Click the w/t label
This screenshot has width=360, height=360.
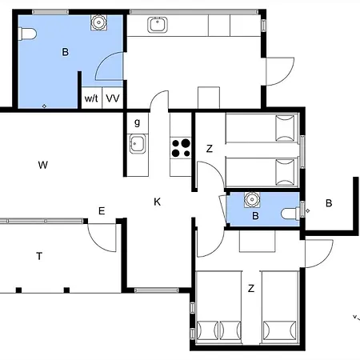91,98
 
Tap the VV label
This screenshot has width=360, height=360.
113,98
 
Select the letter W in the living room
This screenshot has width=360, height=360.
43,165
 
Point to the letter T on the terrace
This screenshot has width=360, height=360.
39,256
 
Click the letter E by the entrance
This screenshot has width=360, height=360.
102,211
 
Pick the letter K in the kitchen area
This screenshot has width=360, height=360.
158,202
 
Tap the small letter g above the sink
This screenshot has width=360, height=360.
137,122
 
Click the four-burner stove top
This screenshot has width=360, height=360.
181,148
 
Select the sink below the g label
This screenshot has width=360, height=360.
138,144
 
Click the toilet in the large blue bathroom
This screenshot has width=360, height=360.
27,34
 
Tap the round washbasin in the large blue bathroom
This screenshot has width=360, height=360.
98,22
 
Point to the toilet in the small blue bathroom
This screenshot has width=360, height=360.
291,214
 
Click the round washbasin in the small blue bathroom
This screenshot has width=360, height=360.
251,199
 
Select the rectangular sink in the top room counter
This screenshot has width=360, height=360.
158,25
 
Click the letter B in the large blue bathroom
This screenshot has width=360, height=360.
65,52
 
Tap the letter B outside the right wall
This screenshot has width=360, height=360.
329,203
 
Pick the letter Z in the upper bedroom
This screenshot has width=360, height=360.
210,149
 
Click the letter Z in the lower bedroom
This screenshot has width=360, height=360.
251,289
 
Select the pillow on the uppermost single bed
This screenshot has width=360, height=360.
285,128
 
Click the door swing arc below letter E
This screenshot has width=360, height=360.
99,242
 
